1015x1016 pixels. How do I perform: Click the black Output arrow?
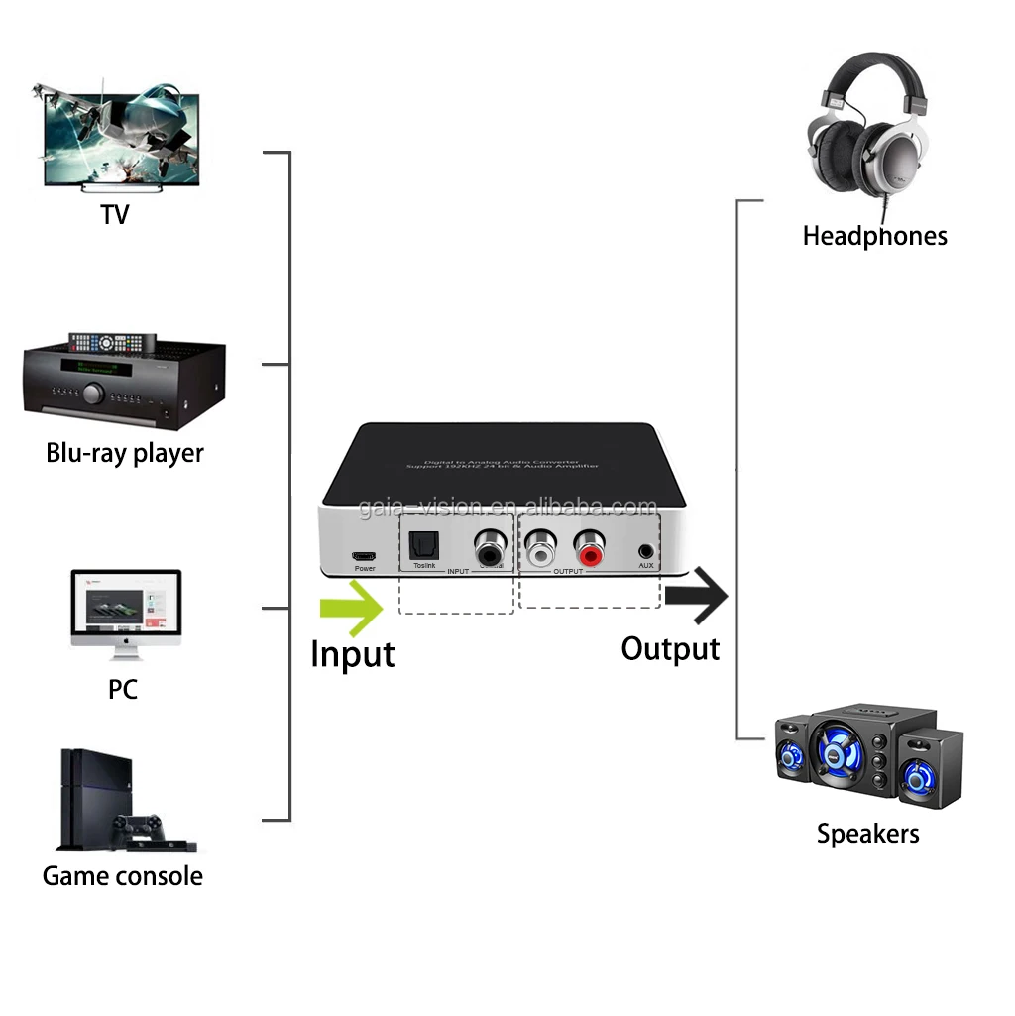click(697, 596)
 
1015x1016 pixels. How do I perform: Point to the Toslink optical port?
click(424, 545)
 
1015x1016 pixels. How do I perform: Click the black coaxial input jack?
click(489, 545)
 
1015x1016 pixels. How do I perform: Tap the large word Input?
click(352, 654)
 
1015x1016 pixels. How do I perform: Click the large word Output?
click(670, 649)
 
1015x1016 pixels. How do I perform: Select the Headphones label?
click(874, 236)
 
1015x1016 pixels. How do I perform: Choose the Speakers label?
click(867, 834)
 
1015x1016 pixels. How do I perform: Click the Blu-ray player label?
click(125, 453)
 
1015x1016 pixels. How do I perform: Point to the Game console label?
click(122, 876)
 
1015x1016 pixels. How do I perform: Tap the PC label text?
click(122, 689)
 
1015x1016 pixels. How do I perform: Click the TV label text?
click(115, 214)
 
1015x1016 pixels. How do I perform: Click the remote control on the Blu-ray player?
click(112, 343)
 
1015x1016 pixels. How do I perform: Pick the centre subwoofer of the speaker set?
click(845, 752)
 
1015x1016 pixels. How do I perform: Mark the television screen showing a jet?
click(122, 139)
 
